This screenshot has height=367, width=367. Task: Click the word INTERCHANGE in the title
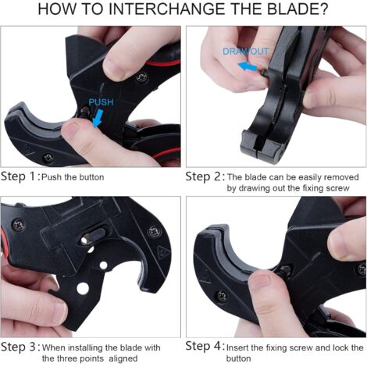(x=166, y=9)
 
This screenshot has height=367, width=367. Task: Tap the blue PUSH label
(x=101, y=102)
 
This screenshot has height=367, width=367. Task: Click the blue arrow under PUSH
(x=98, y=119)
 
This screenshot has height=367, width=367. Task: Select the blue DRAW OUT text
(x=245, y=52)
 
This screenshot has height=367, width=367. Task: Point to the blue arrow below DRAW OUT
(x=248, y=66)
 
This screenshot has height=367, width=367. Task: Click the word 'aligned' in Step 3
(x=123, y=358)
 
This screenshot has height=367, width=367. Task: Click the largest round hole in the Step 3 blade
(x=83, y=288)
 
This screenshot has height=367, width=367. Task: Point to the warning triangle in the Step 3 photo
(x=163, y=251)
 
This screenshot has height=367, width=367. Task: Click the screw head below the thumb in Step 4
(x=222, y=296)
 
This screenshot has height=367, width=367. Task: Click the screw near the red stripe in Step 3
(x=19, y=225)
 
